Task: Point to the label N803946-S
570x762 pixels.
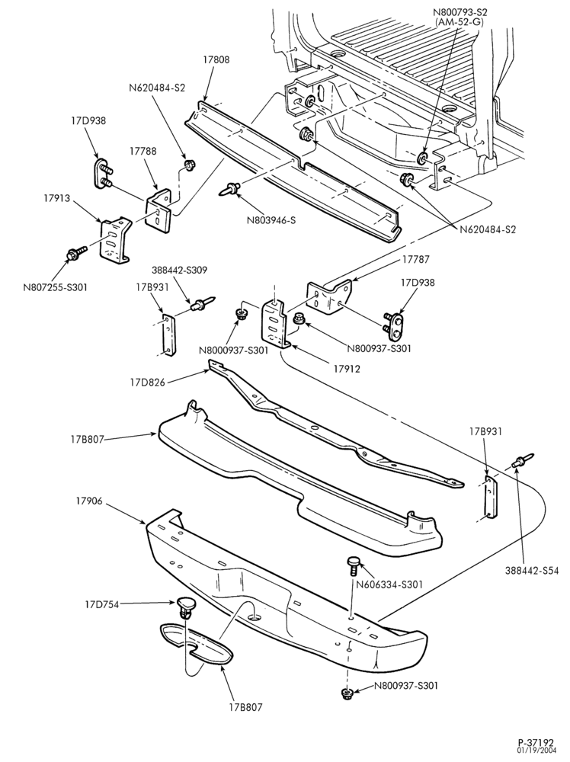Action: tap(271, 220)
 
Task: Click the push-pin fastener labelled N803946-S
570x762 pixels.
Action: tap(232, 187)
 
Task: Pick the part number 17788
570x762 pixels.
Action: tap(142, 151)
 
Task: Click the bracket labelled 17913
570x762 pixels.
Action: tap(115, 241)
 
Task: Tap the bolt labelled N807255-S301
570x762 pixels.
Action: tap(76, 253)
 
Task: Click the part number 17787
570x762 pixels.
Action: tap(415, 260)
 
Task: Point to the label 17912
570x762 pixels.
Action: tap(347, 369)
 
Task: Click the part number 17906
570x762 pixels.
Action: tap(89, 501)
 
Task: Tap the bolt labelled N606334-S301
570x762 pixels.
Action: tap(354, 566)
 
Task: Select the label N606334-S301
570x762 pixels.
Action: tap(390, 584)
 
